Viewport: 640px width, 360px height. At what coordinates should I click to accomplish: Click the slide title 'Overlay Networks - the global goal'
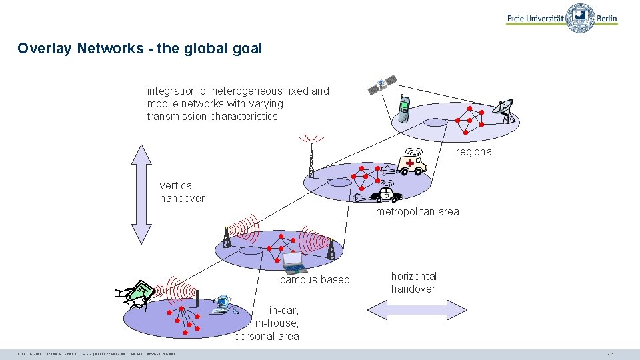[x=140, y=49]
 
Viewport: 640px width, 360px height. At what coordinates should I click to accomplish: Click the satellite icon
[x=382, y=85]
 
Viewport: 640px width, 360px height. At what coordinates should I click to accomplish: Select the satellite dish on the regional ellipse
[x=504, y=111]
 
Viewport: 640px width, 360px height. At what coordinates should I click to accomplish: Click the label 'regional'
[x=475, y=152]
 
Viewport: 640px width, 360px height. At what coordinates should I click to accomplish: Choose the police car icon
[x=385, y=194]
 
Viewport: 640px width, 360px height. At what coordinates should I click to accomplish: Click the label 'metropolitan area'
[x=417, y=212]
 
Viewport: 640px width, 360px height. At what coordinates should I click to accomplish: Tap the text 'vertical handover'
[x=182, y=192]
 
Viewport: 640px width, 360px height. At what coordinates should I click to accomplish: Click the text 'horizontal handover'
[x=413, y=283]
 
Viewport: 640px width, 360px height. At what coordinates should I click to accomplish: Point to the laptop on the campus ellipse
[x=294, y=263]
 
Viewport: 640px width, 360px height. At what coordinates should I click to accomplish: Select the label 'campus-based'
[x=315, y=280]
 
